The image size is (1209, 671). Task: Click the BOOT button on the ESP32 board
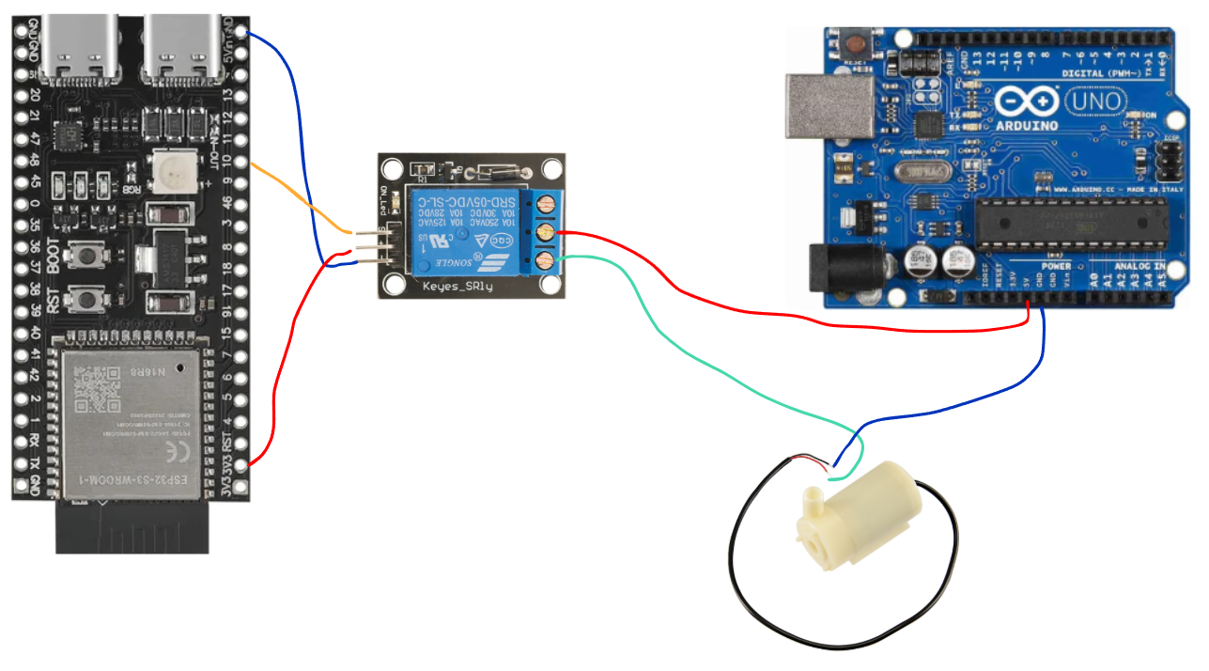[x=88, y=255]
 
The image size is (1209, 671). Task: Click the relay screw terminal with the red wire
[x=542, y=232]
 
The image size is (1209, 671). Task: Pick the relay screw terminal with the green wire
[x=542, y=259]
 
